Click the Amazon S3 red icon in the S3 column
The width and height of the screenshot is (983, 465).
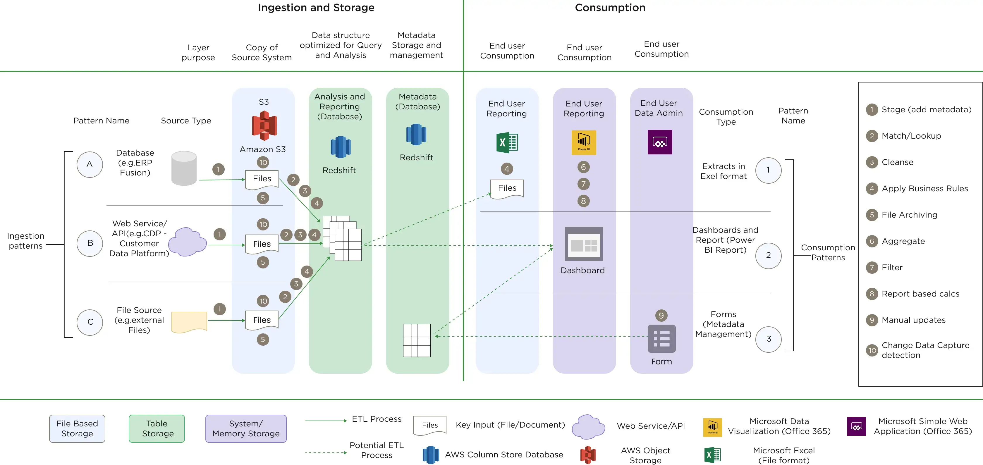tap(264, 125)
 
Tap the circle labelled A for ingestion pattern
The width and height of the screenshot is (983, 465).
tap(90, 164)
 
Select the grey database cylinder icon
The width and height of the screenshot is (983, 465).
tap(184, 168)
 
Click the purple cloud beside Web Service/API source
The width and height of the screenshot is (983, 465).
tap(187, 242)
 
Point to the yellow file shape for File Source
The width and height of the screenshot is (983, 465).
tap(189, 322)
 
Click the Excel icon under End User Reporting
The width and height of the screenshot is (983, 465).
tap(507, 143)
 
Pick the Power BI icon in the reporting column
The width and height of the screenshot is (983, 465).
tap(583, 143)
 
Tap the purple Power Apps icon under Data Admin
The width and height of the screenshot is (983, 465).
tap(660, 142)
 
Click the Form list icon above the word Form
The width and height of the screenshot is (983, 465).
tap(661, 339)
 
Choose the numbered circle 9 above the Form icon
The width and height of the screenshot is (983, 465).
tap(661, 316)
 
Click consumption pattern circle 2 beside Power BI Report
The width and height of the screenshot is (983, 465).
tap(768, 256)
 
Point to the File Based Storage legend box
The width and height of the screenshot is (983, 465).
tap(77, 428)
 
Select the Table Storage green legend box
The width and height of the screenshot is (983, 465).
tap(157, 428)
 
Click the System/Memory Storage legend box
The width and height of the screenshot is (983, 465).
tap(246, 428)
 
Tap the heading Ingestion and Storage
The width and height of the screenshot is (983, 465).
tap(316, 8)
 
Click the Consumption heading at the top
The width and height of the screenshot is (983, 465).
tap(610, 8)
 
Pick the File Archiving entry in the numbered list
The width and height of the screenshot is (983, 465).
tap(909, 215)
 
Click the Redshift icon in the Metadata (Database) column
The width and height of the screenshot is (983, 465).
tap(416, 135)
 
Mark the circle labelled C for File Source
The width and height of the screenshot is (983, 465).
tap(90, 322)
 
